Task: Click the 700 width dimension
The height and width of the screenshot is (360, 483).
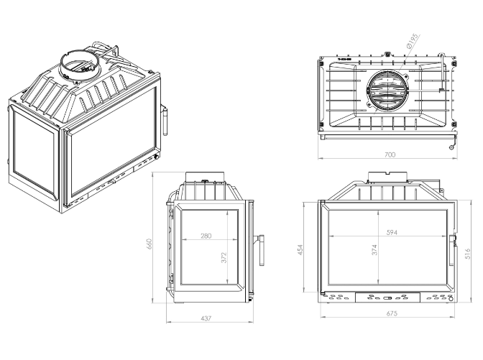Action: [390, 154]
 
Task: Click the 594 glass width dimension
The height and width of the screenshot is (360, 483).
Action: [391, 233]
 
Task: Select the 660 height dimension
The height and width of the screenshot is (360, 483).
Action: [151, 245]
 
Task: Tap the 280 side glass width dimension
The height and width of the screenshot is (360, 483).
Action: [207, 236]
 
